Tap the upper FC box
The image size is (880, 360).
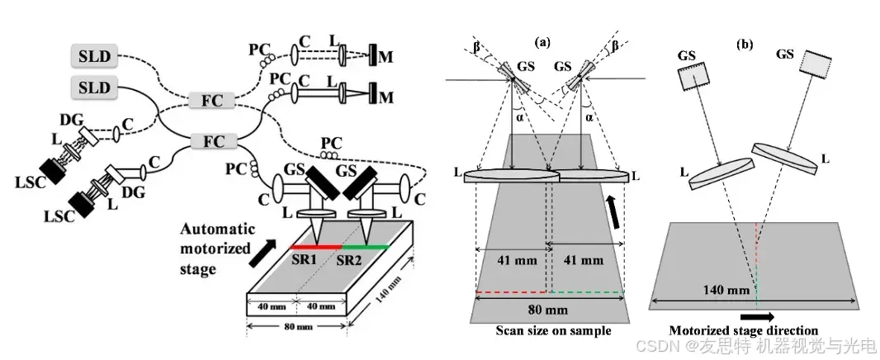(212, 102)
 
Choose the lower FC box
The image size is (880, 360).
(212, 141)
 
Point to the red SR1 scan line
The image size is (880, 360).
(315, 246)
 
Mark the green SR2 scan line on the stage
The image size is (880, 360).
(366, 246)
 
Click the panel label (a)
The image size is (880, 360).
(544, 40)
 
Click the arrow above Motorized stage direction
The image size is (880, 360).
(758, 315)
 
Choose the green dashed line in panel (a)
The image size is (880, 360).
(584, 291)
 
